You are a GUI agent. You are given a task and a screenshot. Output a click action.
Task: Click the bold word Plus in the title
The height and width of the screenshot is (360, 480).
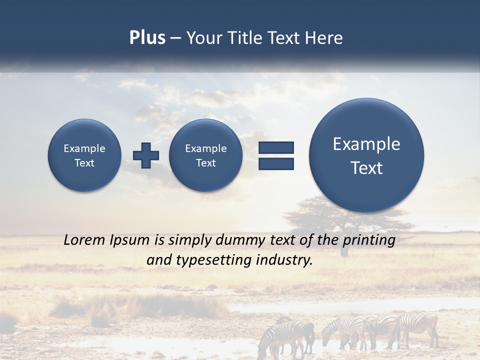[147, 38]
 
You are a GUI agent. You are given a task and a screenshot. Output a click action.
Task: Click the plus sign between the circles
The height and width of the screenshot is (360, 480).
[146, 155]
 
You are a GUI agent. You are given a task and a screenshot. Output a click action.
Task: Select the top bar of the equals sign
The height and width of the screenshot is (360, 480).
[276, 147]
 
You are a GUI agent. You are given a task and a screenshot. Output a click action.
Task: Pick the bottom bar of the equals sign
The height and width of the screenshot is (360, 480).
[276, 163]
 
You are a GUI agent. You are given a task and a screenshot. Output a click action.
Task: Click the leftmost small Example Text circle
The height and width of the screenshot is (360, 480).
[84, 155]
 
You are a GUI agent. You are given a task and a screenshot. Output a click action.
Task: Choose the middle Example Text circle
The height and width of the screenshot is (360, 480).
[205, 155]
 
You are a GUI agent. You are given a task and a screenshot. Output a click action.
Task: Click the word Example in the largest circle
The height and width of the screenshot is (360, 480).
[366, 144]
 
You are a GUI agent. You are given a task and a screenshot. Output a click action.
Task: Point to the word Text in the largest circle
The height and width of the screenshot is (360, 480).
[366, 168]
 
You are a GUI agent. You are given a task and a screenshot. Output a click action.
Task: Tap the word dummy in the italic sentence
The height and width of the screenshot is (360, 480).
[240, 240]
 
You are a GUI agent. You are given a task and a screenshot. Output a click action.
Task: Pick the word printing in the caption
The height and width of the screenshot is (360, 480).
[368, 240]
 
